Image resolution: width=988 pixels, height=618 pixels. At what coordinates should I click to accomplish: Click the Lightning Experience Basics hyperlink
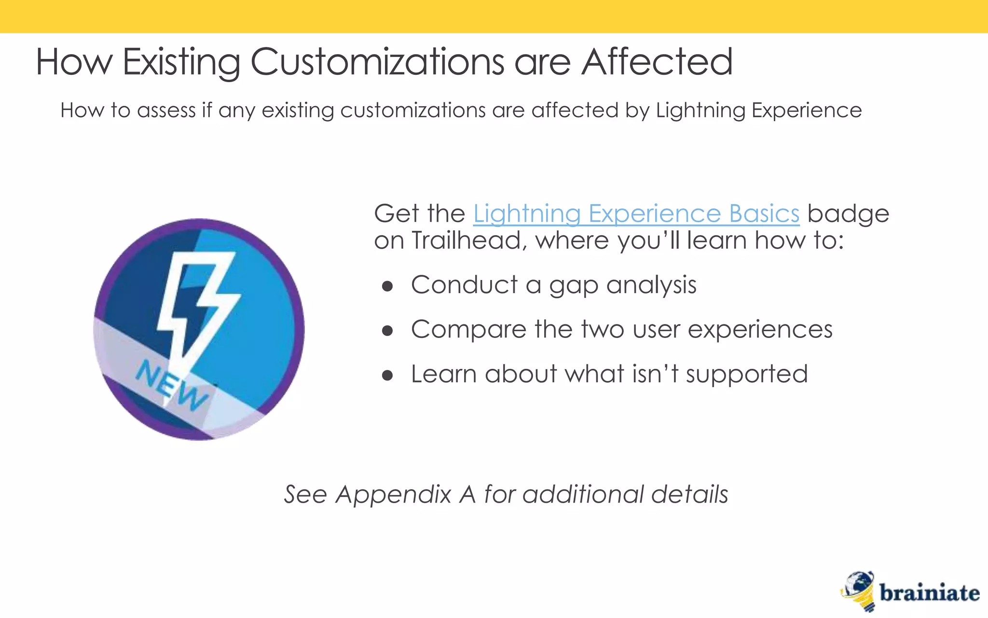(x=636, y=214)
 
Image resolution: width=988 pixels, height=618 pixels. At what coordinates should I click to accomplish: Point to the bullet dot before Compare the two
(x=387, y=331)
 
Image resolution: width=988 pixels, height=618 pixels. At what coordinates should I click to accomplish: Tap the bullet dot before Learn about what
(x=387, y=376)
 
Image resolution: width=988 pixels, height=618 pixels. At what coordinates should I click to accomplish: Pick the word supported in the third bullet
(x=746, y=375)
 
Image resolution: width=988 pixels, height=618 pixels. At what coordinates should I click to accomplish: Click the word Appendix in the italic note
(x=393, y=495)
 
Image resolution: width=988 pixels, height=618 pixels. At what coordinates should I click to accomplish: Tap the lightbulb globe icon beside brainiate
(x=859, y=590)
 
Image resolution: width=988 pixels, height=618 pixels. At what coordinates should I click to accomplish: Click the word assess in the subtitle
(x=166, y=111)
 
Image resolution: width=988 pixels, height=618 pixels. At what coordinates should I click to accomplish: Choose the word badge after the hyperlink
(x=848, y=214)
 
